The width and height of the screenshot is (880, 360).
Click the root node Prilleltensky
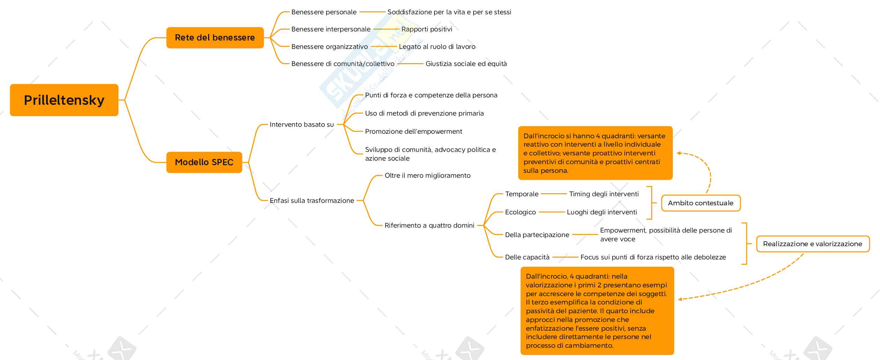[64, 100]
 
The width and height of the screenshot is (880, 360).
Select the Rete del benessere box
[215, 38]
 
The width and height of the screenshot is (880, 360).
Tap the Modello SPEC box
[204, 162]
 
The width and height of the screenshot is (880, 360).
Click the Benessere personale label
[324, 12]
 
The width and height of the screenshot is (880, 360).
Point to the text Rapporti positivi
[426, 29]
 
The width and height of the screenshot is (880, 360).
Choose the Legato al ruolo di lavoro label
[437, 47]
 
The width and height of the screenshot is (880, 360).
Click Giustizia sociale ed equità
[466, 64]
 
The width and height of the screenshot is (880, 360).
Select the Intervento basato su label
[302, 125]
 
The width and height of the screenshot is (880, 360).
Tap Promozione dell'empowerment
[413, 132]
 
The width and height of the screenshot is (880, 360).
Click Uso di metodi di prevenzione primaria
[424, 113]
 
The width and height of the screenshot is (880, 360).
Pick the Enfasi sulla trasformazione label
[312, 201]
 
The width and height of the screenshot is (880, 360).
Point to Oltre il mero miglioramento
[427, 176]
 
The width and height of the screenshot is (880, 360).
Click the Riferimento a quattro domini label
[429, 226]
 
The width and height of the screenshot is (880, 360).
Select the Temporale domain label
[522, 194]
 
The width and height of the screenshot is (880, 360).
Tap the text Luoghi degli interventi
[602, 212]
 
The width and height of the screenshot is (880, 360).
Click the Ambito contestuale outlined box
[701, 203]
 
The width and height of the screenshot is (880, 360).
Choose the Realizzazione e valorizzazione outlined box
[812, 244]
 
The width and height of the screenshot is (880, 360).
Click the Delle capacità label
[527, 257]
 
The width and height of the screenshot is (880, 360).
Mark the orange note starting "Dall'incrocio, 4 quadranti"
[597, 311]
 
